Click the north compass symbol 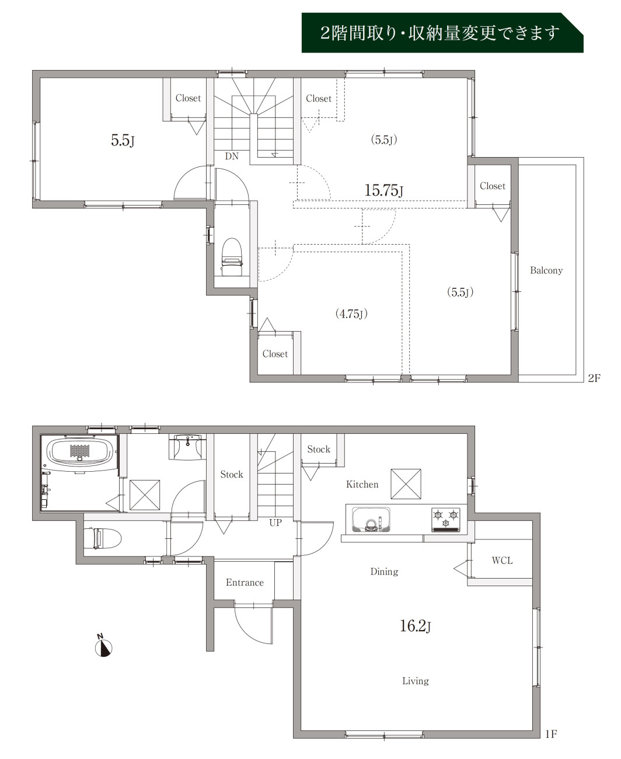tap(103, 646)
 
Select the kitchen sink tap(371, 520)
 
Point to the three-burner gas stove tap(446, 520)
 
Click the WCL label tap(502, 560)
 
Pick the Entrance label tap(245, 582)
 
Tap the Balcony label tap(546, 270)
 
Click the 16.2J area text tap(416, 626)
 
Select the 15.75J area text tap(384, 190)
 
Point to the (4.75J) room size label tap(351, 314)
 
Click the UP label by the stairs tap(275, 523)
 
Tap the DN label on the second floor tap(232, 156)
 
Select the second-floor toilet tap(232, 256)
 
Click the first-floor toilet tap(103, 538)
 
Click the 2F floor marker tap(594, 378)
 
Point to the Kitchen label tap(362, 485)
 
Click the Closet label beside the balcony tap(493, 186)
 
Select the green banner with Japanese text tap(442, 33)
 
